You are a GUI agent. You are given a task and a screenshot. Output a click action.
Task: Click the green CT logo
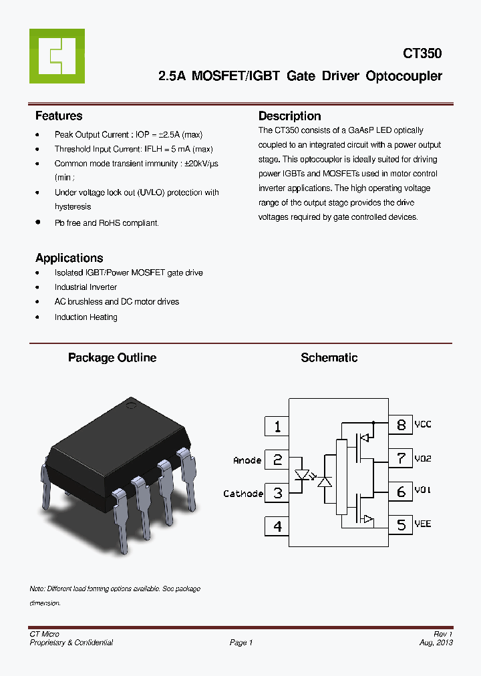tap(57, 56)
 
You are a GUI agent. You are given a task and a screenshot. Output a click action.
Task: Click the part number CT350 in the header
tap(422, 53)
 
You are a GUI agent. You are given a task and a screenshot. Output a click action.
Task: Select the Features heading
tap(59, 116)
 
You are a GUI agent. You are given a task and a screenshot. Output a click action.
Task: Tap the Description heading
tap(289, 116)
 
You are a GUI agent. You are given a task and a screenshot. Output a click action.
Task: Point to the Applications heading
tap(69, 258)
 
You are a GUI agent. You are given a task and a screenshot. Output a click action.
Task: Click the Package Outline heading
tap(112, 358)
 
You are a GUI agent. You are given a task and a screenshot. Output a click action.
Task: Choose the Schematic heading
tap(329, 358)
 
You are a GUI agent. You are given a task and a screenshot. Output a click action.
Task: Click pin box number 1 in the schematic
tap(277, 426)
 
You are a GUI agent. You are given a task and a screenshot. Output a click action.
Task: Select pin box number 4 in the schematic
tap(277, 526)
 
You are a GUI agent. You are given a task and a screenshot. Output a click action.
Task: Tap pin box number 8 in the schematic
tap(401, 425)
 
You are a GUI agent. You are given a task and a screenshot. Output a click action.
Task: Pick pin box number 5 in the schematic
tap(401, 525)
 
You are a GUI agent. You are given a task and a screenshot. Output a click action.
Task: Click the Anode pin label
tap(247, 460)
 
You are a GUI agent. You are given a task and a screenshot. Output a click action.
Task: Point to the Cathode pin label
tap(243, 494)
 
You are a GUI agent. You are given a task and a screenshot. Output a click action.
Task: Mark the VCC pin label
tap(423, 425)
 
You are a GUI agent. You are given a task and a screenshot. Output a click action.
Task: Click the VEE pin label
tap(423, 524)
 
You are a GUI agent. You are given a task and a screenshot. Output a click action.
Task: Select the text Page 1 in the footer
tap(241, 643)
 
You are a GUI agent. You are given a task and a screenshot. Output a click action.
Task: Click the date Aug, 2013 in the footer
tap(436, 643)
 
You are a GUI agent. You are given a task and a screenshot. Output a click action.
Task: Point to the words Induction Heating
tap(86, 317)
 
